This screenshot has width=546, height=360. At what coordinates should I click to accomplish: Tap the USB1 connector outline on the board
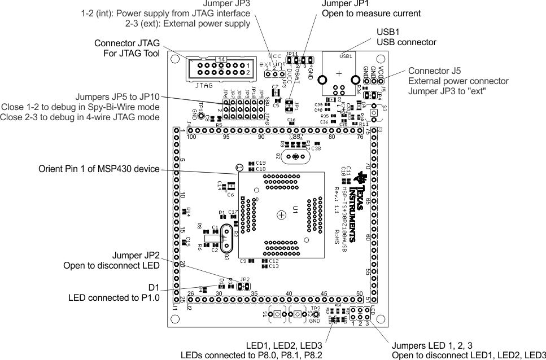tap(339, 74)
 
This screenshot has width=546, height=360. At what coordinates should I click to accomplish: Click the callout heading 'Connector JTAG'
tap(127, 43)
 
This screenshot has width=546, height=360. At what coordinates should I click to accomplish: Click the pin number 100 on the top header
tap(191, 137)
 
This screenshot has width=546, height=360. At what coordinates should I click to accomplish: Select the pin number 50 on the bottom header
tap(359, 294)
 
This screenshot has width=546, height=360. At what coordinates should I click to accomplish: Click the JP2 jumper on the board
tap(243, 286)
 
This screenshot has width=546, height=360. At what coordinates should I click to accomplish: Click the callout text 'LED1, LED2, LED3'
tap(284, 346)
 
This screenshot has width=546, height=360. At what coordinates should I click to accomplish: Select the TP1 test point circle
tap(200, 115)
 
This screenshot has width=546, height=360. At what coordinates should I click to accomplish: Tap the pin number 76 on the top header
tap(360, 137)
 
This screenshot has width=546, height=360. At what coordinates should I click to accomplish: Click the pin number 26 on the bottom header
tap(190, 294)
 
